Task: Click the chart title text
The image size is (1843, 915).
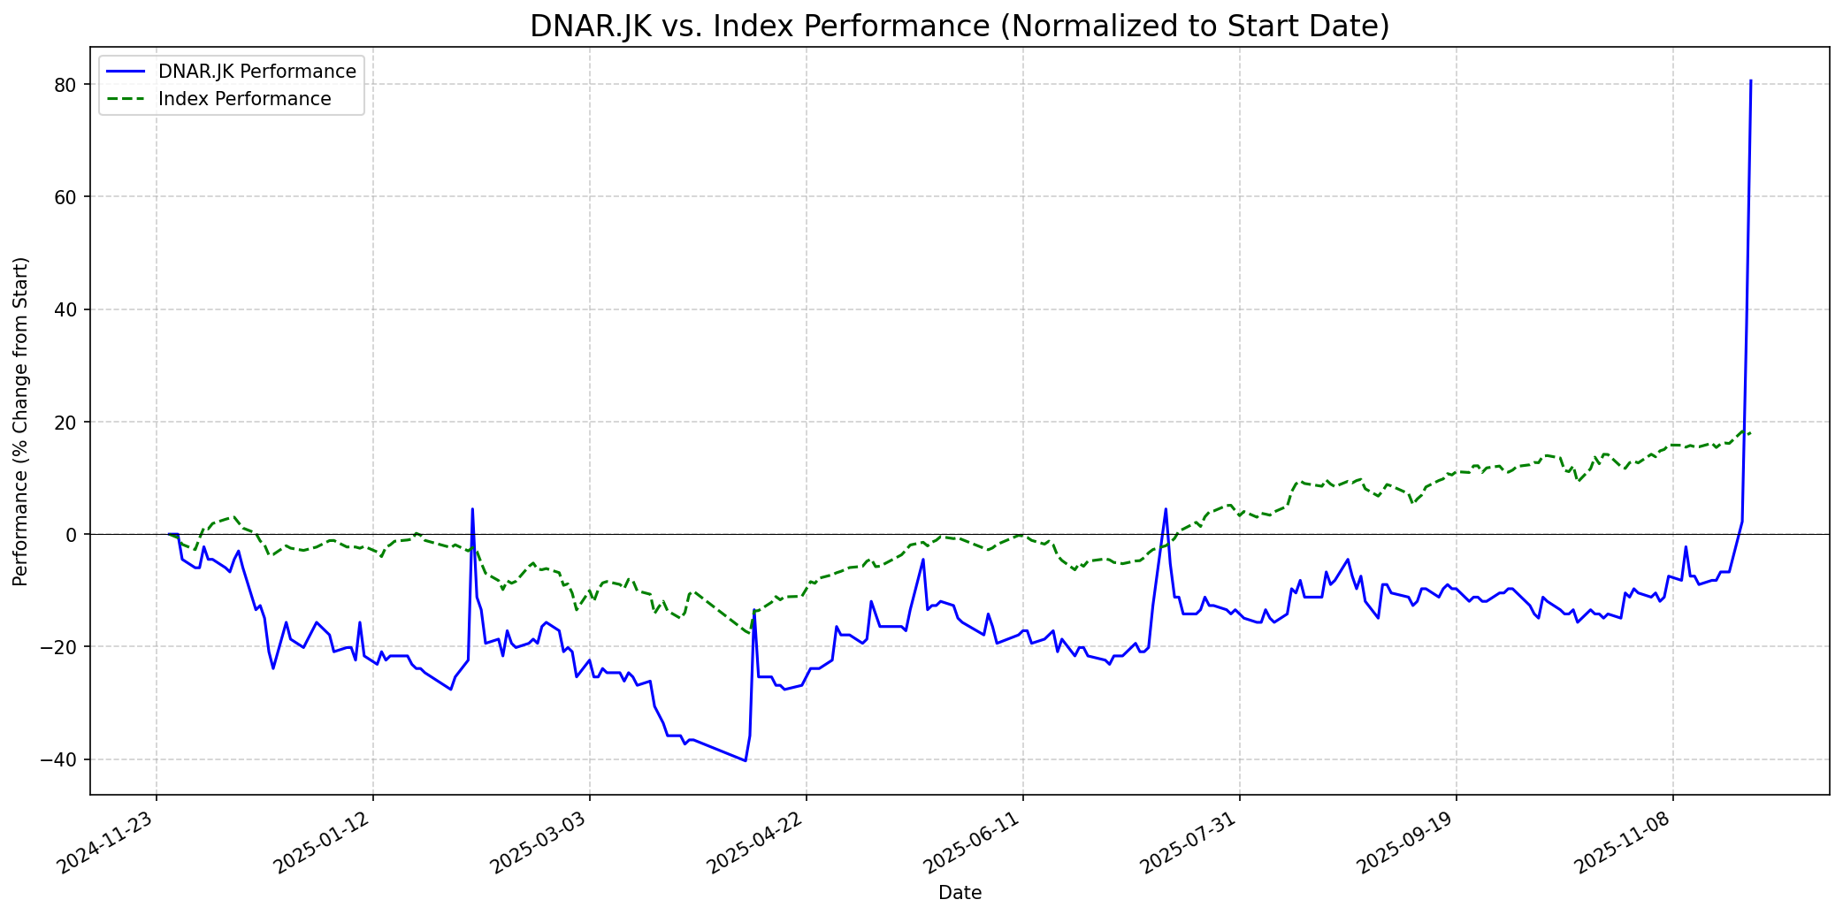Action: click(x=960, y=27)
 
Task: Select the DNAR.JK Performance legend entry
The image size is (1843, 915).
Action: click(x=256, y=72)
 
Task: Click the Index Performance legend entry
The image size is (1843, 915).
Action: click(x=244, y=99)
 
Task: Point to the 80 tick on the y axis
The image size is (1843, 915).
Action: click(x=71, y=85)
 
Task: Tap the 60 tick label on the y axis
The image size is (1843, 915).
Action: click(x=71, y=197)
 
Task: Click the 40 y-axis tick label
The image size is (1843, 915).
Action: click(x=71, y=309)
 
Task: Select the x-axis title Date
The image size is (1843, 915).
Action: click(x=960, y=894)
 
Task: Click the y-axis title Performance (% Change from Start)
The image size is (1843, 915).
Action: click(x=21, y=421)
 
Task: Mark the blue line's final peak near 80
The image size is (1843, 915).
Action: click(x=1750, y=81)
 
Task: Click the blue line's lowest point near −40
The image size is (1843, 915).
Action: click(x=746, y=760)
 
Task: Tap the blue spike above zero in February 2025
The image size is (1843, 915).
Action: click(x=472, y=509)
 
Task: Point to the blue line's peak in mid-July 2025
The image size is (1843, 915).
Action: click(x=1166, y=509)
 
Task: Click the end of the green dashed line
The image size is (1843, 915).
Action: click(x=1750, y=433)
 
